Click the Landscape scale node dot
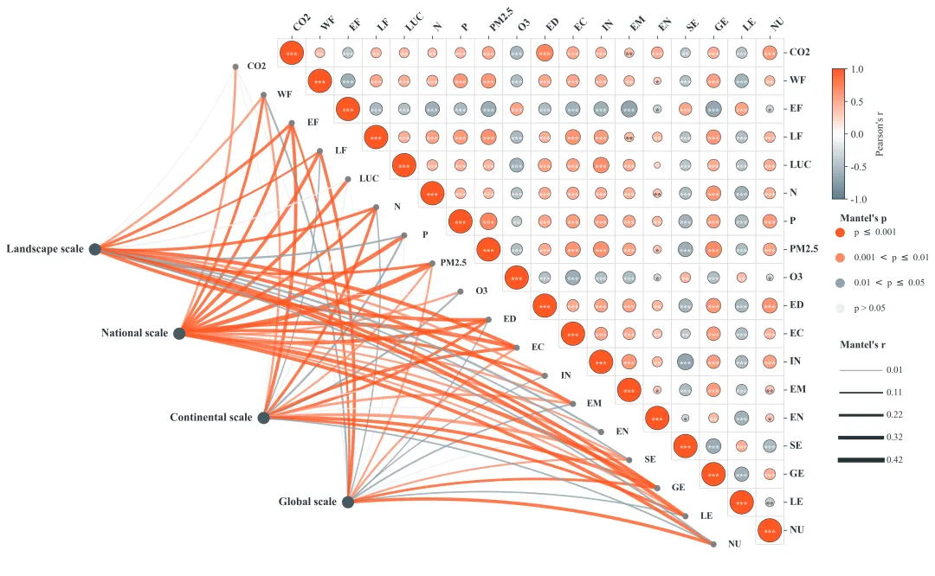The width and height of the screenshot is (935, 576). point(95,249)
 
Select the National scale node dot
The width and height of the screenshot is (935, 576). point(179,333)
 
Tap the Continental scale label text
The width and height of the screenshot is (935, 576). point(211,417)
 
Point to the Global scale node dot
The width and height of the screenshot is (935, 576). point(348,502)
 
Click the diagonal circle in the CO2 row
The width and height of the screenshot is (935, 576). point(292,54)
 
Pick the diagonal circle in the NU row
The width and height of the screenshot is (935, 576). point(770,530)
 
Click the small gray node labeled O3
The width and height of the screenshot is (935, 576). point(461,291)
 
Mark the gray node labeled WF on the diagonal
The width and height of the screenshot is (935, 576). point(264,94)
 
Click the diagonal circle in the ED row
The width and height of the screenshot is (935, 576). point(544,305)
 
